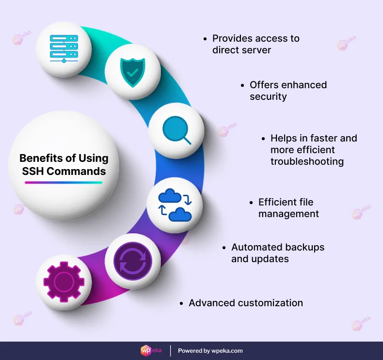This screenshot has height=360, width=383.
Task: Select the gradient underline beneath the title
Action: tap(64, 183)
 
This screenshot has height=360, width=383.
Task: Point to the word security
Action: tap(268, 96)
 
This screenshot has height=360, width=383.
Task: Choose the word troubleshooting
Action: tap(307, 161)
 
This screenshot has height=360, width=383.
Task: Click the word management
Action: tap(288, 214)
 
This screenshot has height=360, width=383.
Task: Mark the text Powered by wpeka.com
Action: tap(210, 350)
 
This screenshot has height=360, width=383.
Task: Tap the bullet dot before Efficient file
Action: tap(251, 203)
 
